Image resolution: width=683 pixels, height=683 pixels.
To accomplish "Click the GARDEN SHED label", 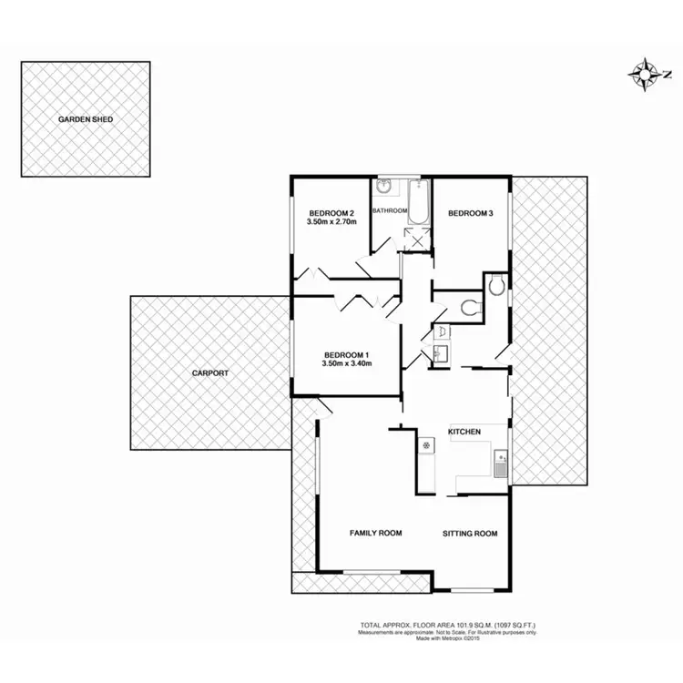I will [87, 119].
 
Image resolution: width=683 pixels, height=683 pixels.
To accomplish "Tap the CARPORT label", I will [209, 373].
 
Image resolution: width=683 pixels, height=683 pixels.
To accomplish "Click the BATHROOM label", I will [390, 210].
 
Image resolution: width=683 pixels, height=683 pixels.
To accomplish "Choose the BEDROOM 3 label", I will [470, 213].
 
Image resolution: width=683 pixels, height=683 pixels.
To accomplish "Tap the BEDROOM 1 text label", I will [347, 354].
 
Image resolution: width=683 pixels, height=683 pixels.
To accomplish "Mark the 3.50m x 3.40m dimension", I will [347, 363].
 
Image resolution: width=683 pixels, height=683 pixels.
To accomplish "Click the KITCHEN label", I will [464, 431].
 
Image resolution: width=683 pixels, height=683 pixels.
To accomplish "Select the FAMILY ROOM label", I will [376, 534].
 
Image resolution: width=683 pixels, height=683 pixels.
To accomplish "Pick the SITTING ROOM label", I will [470, 534].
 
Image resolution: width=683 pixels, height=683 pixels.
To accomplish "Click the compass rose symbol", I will [644, 73].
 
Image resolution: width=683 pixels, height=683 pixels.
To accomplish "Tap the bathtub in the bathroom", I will [419, 203].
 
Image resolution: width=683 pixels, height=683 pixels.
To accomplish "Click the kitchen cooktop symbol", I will [425, 445].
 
